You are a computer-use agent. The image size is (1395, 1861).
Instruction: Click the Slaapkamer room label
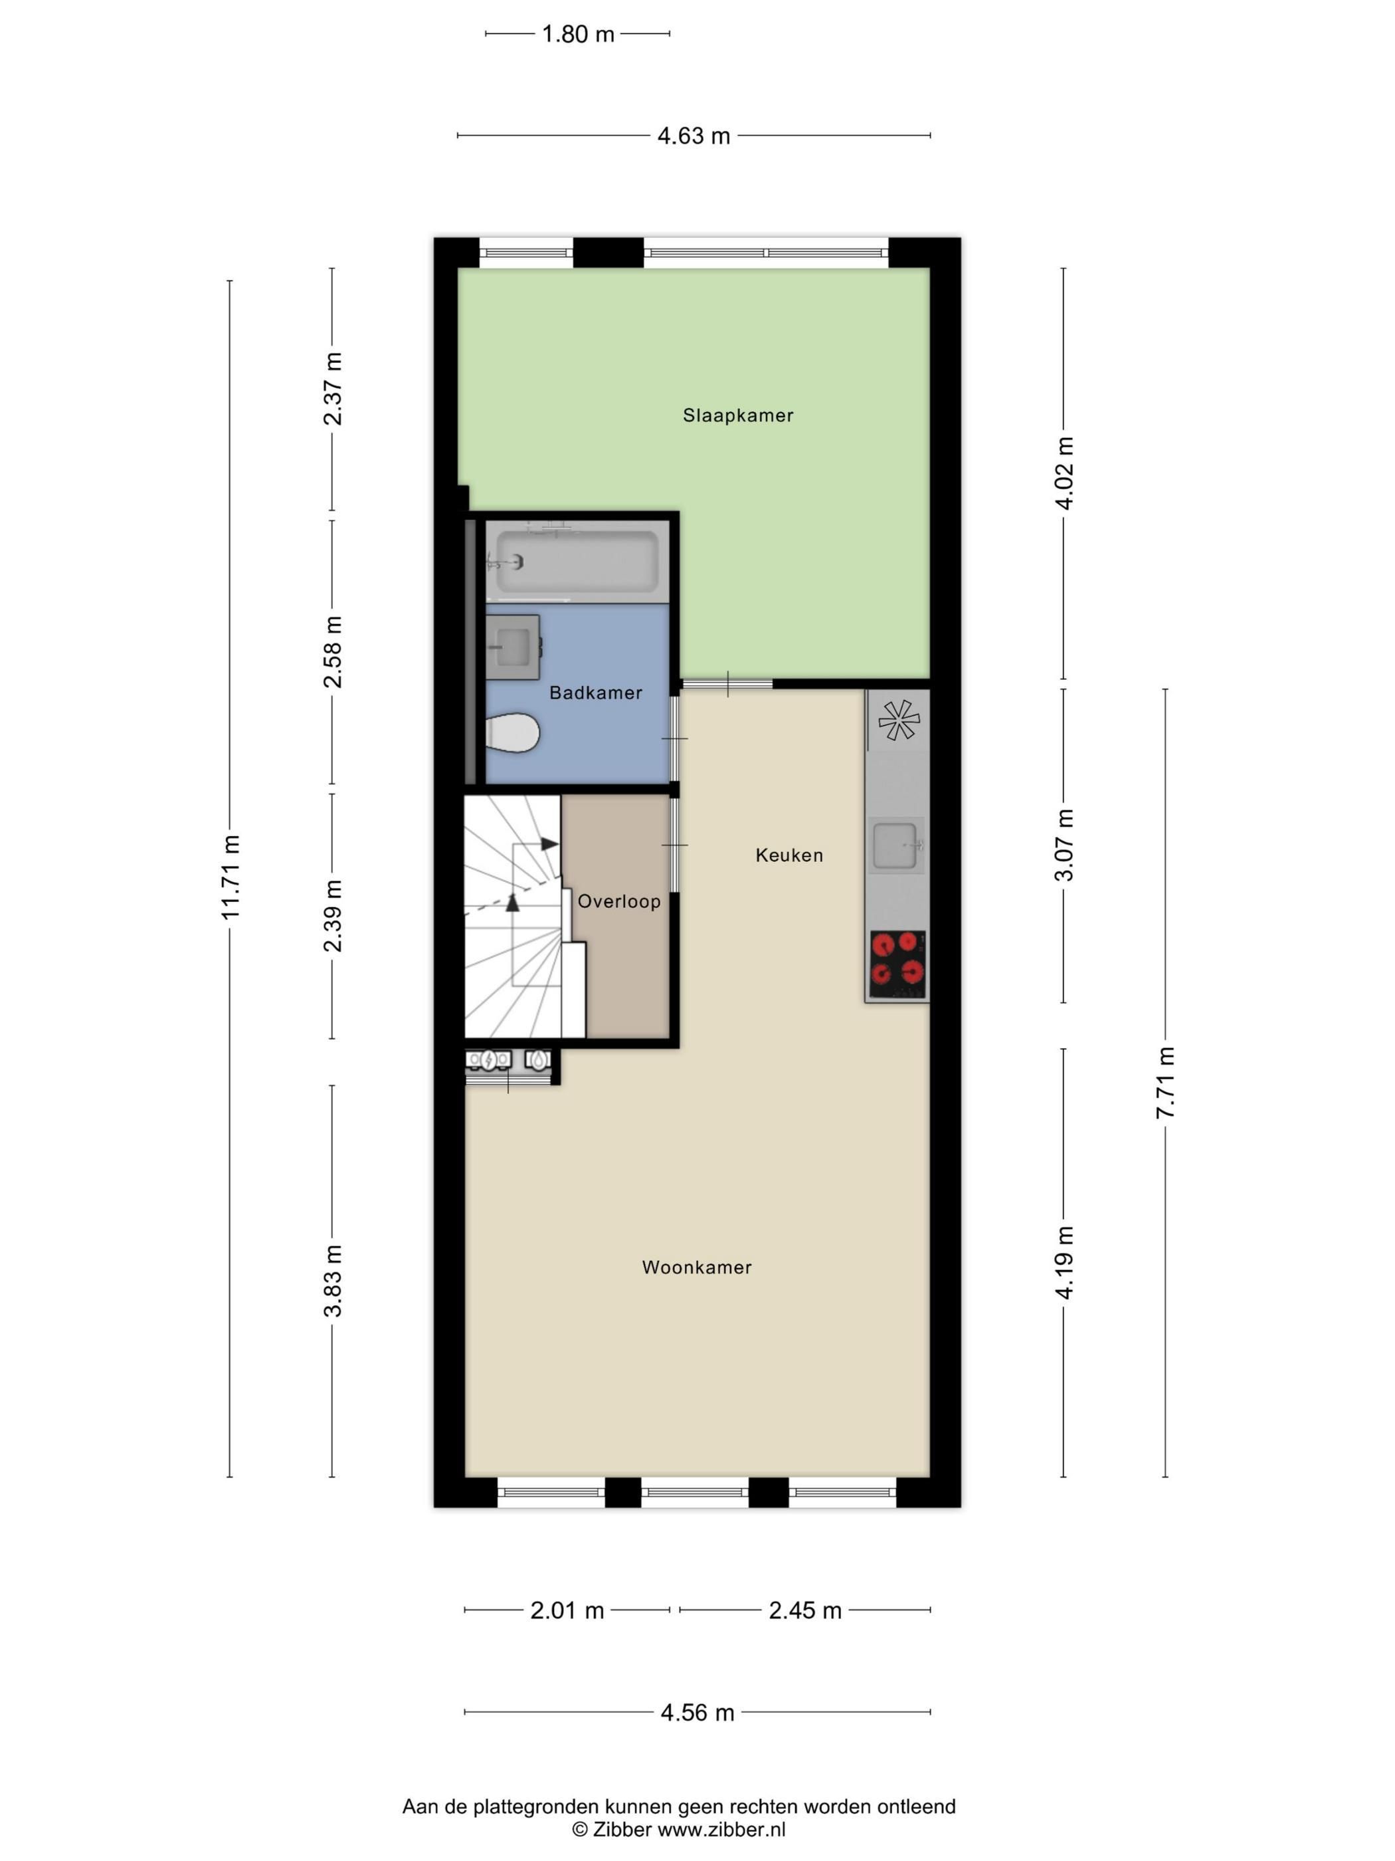737,415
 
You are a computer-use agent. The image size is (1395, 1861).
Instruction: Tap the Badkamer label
595,693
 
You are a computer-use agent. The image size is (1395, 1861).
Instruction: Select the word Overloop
619,902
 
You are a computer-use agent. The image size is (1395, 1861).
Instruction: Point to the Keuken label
789,855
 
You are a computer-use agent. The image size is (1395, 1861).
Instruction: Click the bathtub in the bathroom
577,561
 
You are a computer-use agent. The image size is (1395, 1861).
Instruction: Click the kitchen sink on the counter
896,845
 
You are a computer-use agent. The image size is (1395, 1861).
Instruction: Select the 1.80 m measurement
578,35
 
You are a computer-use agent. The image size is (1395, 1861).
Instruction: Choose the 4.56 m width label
697,1712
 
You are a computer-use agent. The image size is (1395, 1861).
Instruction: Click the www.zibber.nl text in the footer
721,1829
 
